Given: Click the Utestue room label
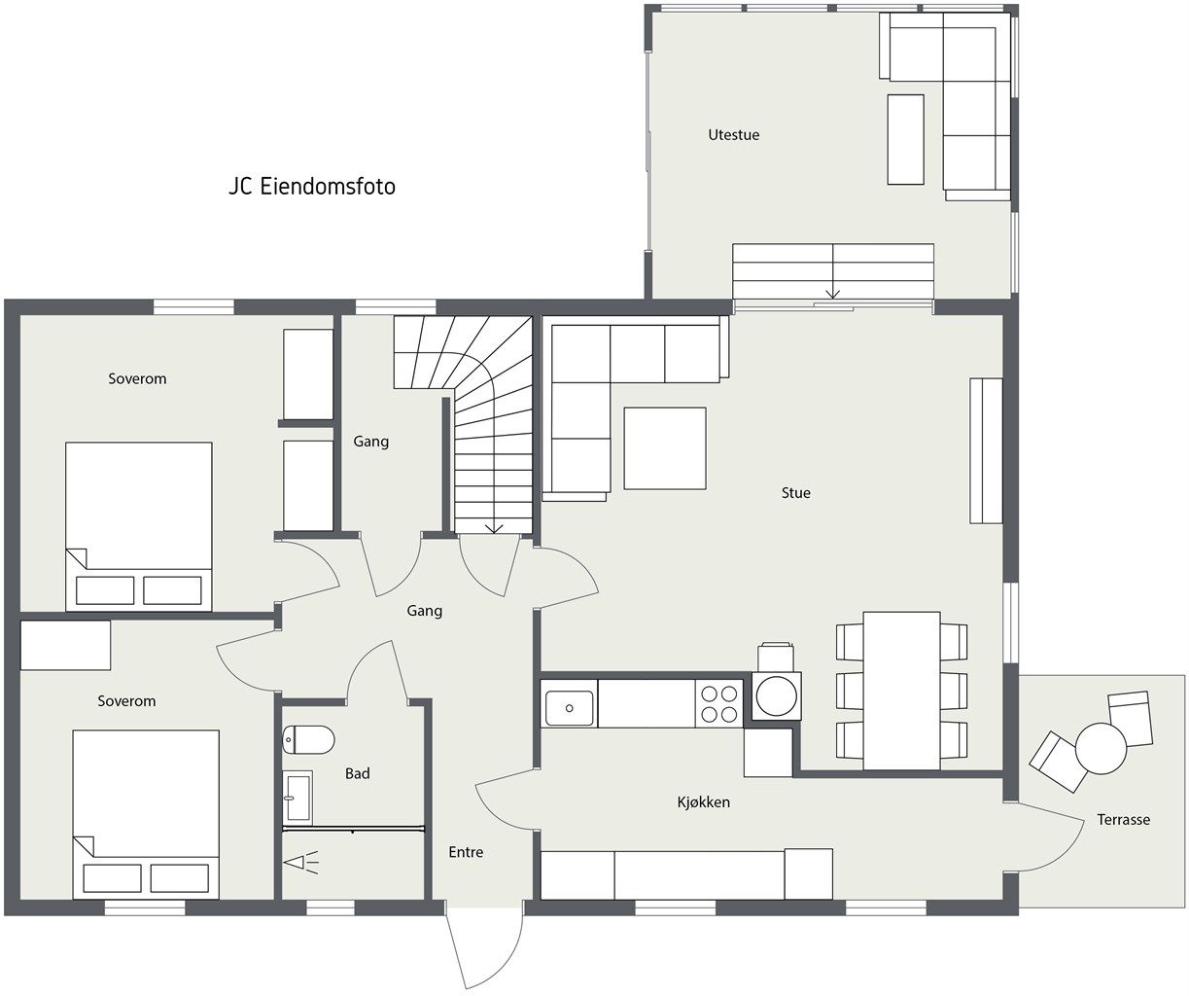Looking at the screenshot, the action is coord(733,135).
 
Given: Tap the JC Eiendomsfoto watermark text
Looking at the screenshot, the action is coord(312,187).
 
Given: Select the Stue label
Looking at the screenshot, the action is coord(795,493).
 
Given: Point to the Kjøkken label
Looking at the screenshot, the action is coord(703,802).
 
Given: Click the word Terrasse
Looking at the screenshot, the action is coord(1124,819).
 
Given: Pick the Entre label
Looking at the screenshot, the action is coord(466,852).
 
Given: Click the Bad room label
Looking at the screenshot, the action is coord(358,773).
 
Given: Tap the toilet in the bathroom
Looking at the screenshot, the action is coord(308,739).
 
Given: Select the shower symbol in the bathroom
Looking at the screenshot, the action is coord(301,864).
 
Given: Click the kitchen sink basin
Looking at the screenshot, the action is coord(569,708).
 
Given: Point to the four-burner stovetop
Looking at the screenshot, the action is coord(719,703).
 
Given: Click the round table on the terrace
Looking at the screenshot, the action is coord(1102,748).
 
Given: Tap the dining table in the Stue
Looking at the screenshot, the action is coord(901,691).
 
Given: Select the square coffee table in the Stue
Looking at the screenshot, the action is coord(665,448).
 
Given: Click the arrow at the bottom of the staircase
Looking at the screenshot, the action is coord(494,527).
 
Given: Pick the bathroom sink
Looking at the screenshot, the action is coord(297,798).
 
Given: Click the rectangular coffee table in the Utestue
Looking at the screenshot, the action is coord(905,140).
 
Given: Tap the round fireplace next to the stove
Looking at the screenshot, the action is coord(777,695).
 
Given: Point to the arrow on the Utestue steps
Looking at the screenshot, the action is coord(832,293).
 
